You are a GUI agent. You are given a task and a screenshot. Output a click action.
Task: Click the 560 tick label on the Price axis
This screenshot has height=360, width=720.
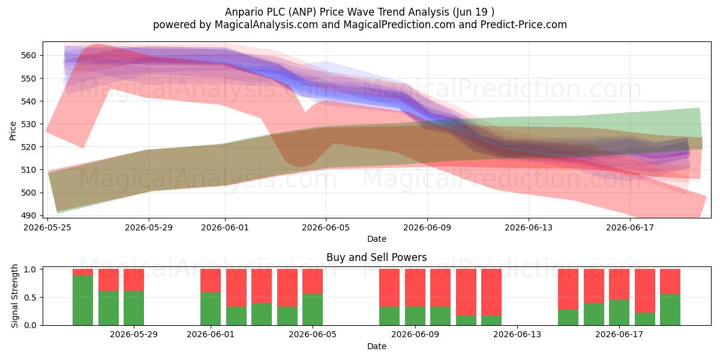pyautogui.click(x=28, y=55)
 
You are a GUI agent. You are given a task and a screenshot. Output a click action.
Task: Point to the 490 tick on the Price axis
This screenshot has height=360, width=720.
pyautogui.click(x=28, y=215)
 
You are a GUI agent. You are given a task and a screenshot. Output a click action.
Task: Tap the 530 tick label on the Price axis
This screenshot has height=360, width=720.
pyautogui.click(x=28, y=124)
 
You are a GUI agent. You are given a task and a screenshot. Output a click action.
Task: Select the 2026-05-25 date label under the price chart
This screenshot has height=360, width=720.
pyautogui.click(x=47, y=227)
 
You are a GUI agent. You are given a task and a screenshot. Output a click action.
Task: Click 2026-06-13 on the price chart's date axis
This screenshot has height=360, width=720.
pyautogui.click(x=529, y=227)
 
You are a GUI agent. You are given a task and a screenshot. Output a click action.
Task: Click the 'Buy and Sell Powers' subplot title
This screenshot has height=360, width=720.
pyautogui.click(x=376, y=257)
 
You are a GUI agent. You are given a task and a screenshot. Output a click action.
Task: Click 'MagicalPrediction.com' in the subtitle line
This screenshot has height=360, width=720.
pyautogui.click(x=399, y=25)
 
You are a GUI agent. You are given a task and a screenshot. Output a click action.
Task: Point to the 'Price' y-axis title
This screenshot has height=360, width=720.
pyautogui.click(x=13, y=131)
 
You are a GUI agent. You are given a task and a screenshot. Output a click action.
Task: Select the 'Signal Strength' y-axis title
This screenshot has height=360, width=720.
pyautogui.click(x=14, y=296)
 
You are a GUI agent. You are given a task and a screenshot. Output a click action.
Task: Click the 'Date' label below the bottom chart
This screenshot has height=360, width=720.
pyautogui.click(x=377, y=346)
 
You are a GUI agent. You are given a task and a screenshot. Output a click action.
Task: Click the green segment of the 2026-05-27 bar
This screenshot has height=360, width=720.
pyautogui.click(x=109, y=308)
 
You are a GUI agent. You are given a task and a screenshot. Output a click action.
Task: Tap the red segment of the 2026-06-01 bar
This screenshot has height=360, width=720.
pyautogui.click(x=211, y=281)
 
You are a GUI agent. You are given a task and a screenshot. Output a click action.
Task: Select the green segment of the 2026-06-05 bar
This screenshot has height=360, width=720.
pyautogui.click(x=313, y=310)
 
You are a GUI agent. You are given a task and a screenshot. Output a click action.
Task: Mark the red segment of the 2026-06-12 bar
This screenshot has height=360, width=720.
pyautogui.click(x=491, y=292)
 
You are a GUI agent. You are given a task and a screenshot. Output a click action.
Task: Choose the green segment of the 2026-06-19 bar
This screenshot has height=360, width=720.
pyautogui.click(x=670, y=310)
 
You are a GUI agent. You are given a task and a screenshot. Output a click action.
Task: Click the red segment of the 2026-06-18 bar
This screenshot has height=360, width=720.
pyautogui.click(x=645, y=290)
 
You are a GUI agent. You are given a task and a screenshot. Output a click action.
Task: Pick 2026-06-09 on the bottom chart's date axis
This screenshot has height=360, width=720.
pyautogui.click(x=415, y=335)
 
